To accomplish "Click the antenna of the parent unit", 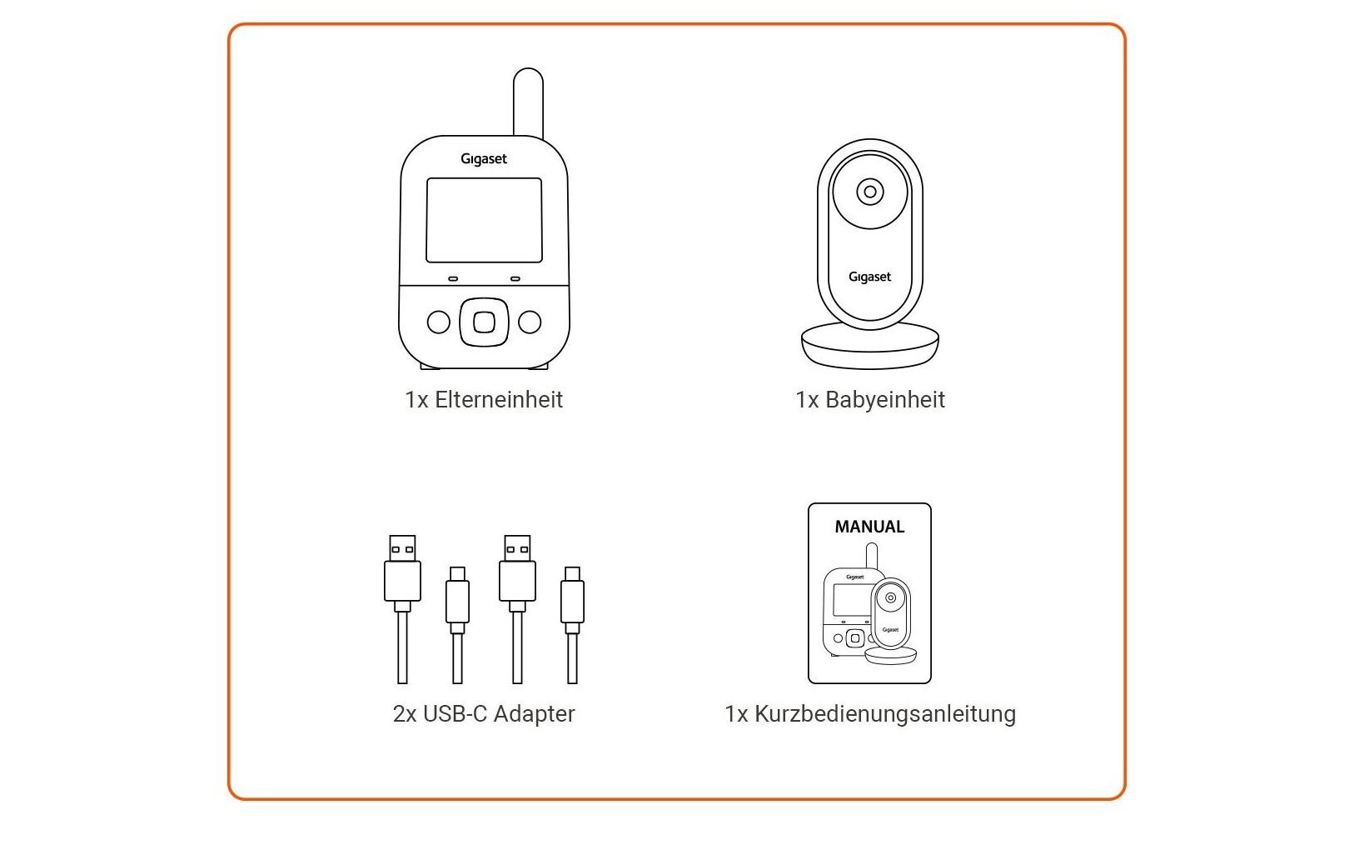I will coord(528,102).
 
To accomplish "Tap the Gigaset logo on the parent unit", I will coord(484,159).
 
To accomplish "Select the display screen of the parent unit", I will coord(484,220).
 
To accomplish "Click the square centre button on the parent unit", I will coord(484,322).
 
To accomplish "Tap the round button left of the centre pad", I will coord(438,322).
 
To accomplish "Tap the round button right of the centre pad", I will coord(530,322).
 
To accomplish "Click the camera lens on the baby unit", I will coord(870,192).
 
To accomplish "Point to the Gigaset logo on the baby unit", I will coord(870,277).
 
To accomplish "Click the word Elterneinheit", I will coord(499,400).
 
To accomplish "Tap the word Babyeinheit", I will coord(885,400).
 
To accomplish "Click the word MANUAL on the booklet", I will coord(869,527).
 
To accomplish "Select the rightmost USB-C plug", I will coord(572,595).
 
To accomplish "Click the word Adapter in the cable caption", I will coord(534,714).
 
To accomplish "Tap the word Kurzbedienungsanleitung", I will coord(885,714).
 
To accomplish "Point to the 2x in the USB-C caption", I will coord(405,714).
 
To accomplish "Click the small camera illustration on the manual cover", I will coord(891,617).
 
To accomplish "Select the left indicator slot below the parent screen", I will coord(453,279).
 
